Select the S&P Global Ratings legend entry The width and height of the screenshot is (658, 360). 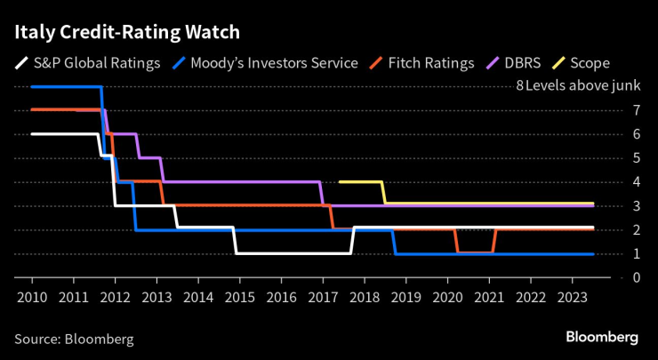tap(88, 63)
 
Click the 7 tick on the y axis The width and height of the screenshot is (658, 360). tap(612, 110)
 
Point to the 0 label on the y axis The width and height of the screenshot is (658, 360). tap(612, 277)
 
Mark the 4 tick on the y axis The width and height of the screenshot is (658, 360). tap(612, 181)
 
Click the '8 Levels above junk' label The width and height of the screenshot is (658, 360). tap(565, 86)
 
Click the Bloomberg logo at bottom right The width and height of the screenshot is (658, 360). tap(602, 338)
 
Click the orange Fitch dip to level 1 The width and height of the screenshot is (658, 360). tap(475, 252)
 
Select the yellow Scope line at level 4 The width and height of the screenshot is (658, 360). tap(361, 181)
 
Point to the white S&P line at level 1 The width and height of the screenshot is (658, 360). tap(293, 253)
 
